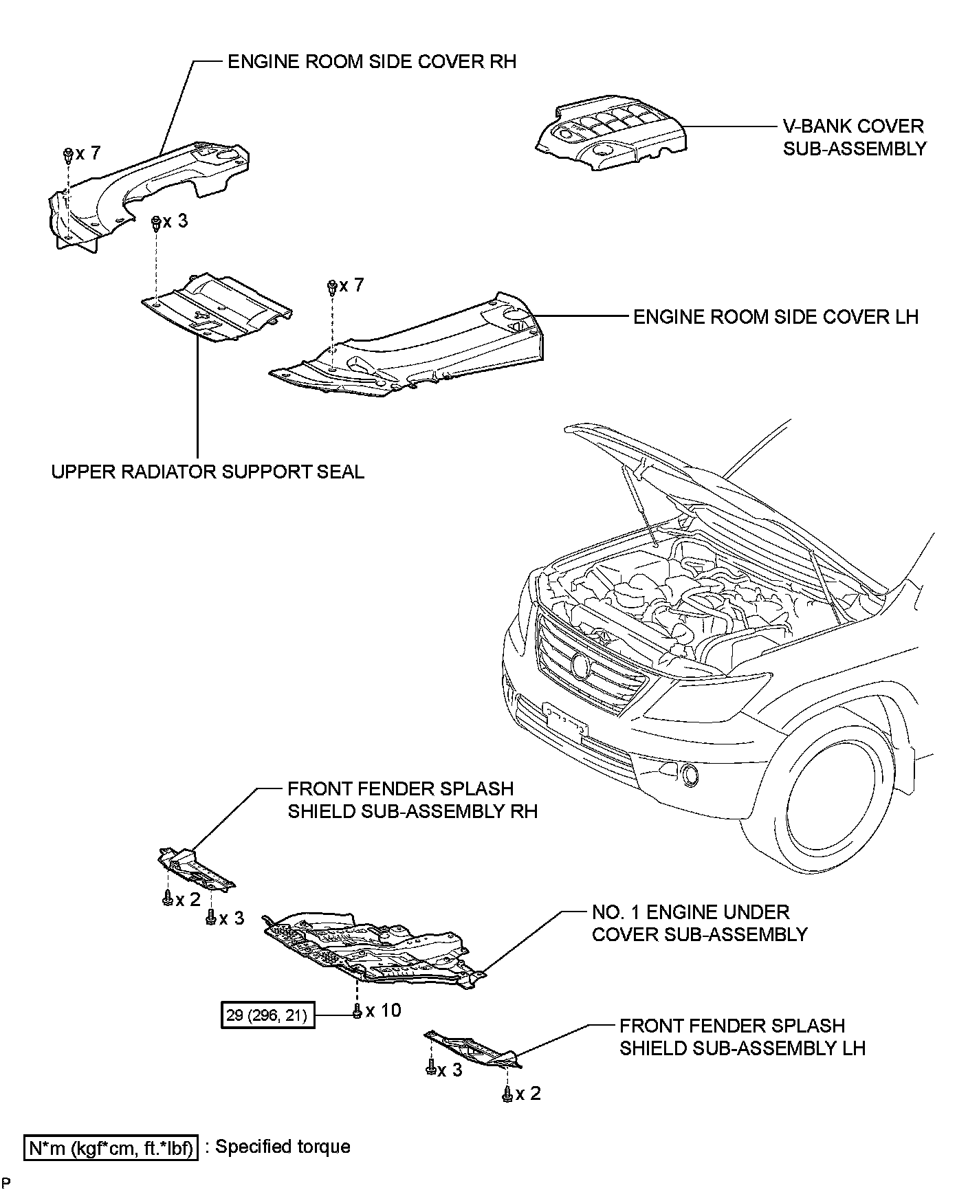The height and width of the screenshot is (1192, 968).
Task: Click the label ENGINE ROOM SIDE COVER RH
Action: click(371, 62)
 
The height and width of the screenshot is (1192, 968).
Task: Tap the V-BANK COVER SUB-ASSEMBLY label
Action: click(854, 137)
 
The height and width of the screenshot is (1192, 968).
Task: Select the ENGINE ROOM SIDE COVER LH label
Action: click(775, 317)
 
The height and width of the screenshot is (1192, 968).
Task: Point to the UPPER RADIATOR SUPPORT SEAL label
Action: click(208, 472)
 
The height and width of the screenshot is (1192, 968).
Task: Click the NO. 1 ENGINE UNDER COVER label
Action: click(699, 923)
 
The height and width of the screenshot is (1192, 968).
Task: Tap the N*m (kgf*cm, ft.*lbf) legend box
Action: click(111, 1149)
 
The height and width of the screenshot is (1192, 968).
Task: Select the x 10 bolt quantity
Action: click(383, 1011)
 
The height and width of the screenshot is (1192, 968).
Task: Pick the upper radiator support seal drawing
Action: click(217, 307)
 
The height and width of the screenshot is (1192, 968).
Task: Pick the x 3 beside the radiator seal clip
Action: click(175, 222)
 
